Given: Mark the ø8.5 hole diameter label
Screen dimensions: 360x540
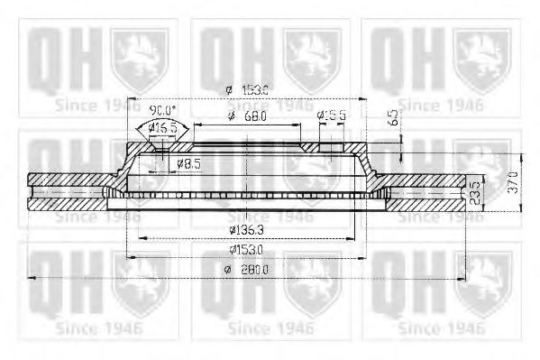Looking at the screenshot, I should click(x=188, y=163).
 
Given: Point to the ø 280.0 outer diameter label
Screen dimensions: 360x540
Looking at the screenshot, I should click(x=249, y=269).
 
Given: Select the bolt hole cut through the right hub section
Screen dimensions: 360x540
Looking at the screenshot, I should click(x=332, y=148).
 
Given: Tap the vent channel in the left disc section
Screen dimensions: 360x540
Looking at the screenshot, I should click(x=68, y=191).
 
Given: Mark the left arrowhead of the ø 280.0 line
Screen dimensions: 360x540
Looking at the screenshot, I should click(x=33, y=278).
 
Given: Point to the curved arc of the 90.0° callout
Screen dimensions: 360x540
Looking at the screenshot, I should click(x=162, y=118).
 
